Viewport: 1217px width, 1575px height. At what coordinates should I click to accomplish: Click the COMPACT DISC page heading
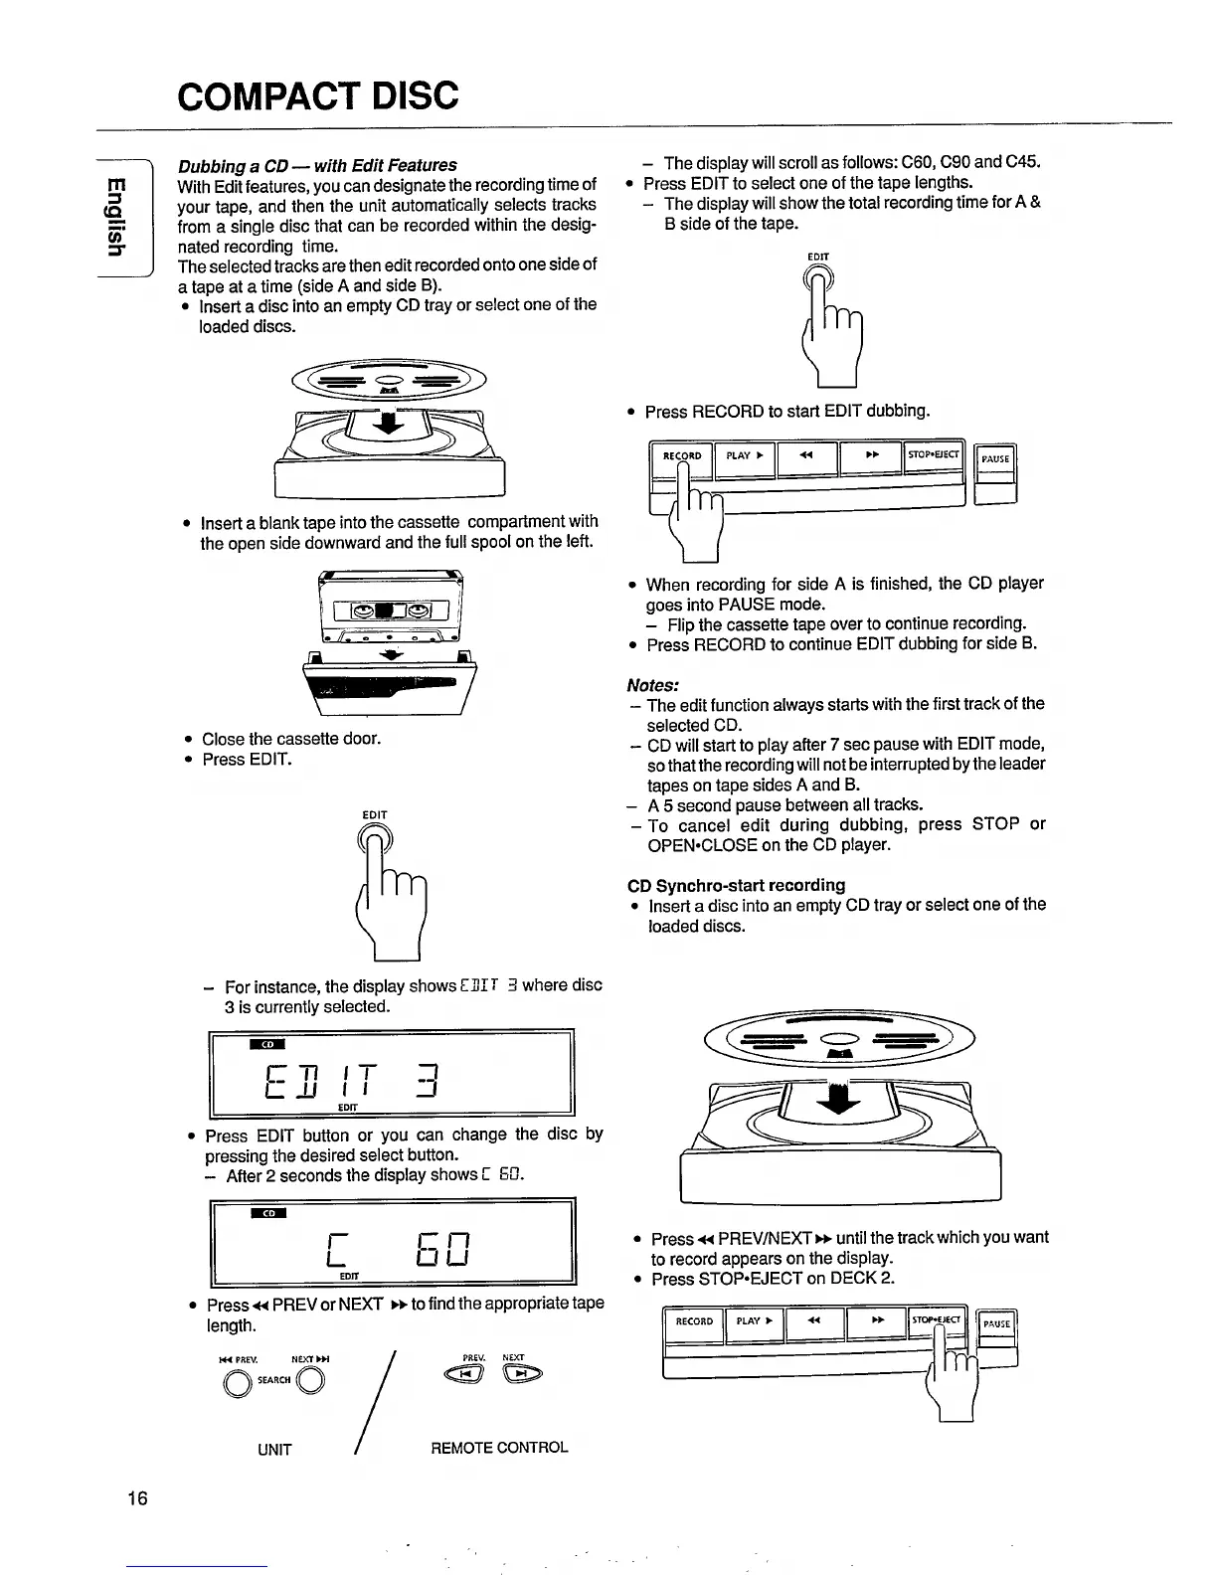(318, 95)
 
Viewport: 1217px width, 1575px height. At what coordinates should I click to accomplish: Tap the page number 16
(137, 1498)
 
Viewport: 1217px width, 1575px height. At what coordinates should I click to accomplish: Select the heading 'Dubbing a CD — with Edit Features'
(317, 165)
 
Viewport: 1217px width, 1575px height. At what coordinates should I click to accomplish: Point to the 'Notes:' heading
(653, 685)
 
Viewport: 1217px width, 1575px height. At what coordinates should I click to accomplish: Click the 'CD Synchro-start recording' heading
(737, 884)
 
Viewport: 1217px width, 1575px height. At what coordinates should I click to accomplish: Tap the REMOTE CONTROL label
(499, 1448)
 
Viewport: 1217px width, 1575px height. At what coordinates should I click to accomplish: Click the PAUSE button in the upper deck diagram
(995, 459)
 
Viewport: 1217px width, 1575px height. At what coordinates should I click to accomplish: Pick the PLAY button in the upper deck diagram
(744, 456)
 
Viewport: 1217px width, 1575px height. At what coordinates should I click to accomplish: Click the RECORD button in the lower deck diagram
(694, 1321)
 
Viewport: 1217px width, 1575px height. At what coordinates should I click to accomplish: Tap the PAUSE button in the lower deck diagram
(996, 1323)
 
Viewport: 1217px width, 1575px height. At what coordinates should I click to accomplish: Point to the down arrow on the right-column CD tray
(841, 1097)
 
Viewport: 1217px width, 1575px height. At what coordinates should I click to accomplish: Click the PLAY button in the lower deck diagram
(754, 1321)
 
